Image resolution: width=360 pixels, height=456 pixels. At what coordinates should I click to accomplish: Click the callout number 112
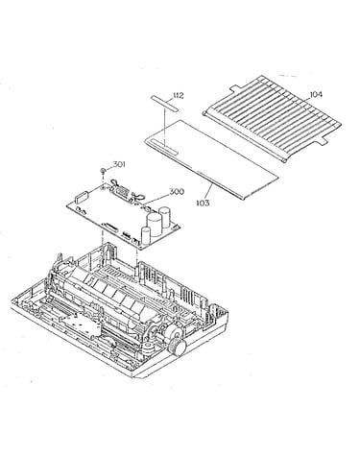pos(179,96)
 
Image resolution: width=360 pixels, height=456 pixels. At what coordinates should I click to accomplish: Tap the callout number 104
pos(316,94)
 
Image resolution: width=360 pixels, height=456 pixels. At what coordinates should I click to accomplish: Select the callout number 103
pos(204,203)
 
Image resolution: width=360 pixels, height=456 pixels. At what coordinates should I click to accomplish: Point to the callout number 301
pos(119,164)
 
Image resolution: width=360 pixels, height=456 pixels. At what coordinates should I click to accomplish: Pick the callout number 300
pos(177,192)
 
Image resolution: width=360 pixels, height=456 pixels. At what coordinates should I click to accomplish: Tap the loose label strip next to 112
pos(165,103)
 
